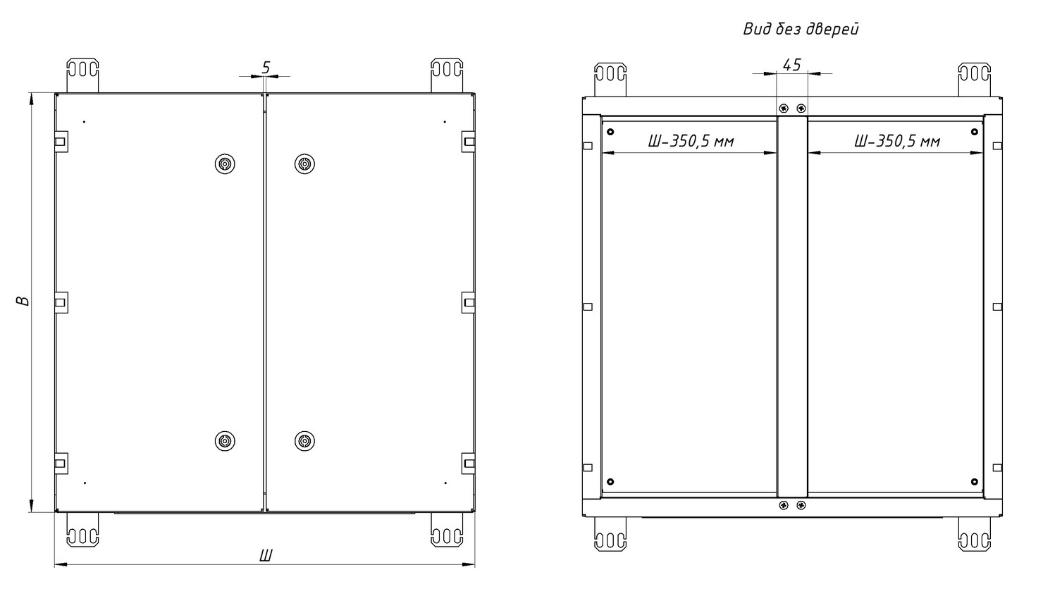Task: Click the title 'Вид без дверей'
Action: (801, 29)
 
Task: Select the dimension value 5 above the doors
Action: (266, 68)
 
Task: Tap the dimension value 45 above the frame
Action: (791, 65)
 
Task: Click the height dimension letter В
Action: (23, 301)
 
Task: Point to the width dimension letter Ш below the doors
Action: (266, 555)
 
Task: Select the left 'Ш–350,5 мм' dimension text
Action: (691, 141)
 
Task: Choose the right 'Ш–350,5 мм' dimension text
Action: (897, 141)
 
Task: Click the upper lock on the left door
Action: (225, 164)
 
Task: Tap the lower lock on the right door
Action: (304, 440)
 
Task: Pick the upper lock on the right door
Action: (304, 164)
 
